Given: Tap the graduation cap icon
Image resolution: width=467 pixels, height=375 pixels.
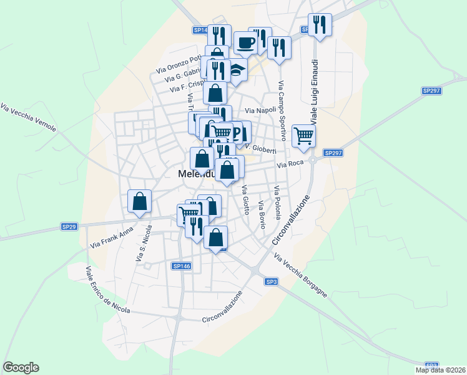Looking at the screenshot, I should (x=237, y=70).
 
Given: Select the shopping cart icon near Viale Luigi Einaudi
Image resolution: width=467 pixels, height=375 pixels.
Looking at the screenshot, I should (x=303, y=135).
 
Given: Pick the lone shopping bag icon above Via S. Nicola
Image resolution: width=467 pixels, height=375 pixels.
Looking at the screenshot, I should (x=140, y=201).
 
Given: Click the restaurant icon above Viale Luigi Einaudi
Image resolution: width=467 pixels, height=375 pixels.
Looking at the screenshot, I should (x=320, y=25).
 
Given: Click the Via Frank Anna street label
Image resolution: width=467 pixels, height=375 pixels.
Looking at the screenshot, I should (x=112, y=238).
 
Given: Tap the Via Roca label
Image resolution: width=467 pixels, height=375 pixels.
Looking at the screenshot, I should (x=290, y=164).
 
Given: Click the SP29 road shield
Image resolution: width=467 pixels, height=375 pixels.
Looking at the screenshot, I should (x=69, y=226).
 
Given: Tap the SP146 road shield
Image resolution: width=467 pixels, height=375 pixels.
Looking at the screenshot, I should (x=180, y=266).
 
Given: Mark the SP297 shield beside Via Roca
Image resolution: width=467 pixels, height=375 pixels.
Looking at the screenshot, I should (x=333, y=153).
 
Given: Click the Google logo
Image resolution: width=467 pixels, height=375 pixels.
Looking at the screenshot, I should (x=21, y=367).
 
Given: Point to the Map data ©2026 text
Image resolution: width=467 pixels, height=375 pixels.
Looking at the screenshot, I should (x=440, y=370).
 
